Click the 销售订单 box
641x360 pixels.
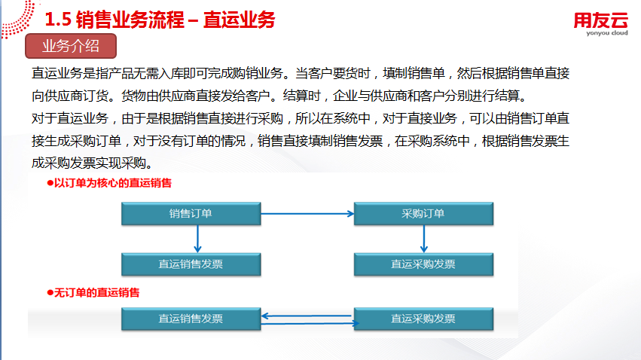pos(191,214)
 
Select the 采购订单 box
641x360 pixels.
pos(422,214)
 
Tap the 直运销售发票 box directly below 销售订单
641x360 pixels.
pos(191,264)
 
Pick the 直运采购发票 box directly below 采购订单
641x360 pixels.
pos(422,264)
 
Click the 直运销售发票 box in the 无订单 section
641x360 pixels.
pos(191,319)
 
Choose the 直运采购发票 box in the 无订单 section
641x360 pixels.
pos(422,319)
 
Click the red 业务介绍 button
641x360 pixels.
pos(71,46)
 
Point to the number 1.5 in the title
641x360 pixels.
pos(59,20)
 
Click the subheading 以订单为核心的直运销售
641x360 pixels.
pos(112,183)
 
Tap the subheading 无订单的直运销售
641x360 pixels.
pos(97,292)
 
